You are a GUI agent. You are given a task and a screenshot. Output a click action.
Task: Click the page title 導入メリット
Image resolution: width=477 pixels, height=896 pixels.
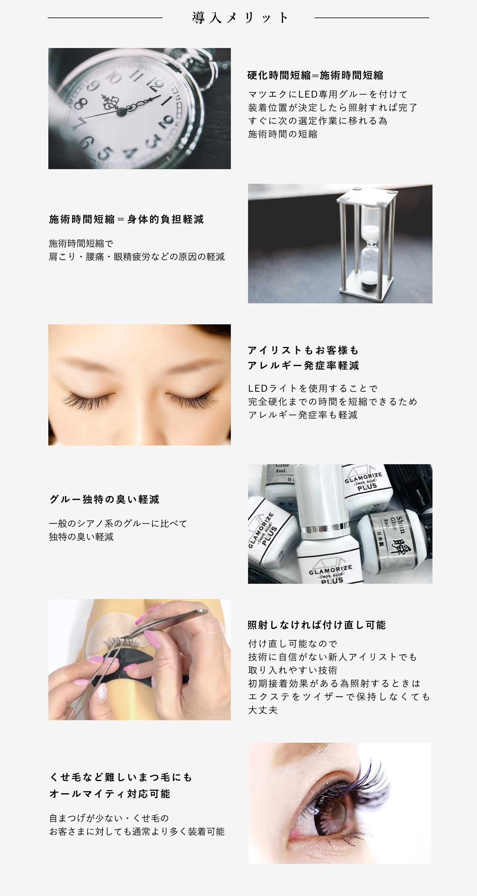click(x=240, y=17)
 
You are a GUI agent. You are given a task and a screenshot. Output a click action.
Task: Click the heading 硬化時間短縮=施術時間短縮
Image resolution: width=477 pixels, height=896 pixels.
click(x=315, y=75)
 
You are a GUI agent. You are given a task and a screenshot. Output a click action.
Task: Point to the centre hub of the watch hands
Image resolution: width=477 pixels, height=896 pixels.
click(x=121, y=111)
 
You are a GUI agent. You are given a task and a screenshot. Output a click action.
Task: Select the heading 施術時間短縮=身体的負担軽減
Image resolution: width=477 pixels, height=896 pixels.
click(x=126, y=219)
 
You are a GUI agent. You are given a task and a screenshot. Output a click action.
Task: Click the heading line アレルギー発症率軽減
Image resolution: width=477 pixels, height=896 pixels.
click(x=303, y=366)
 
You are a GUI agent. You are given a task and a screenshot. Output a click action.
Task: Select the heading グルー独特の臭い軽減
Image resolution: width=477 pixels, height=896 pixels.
click(x=104, y=500)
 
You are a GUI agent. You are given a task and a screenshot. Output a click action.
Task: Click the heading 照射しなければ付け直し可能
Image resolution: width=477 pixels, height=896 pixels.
click(x=317, y=625)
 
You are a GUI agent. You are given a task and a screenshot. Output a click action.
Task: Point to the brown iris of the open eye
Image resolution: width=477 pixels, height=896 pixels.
click(x=334, y=814)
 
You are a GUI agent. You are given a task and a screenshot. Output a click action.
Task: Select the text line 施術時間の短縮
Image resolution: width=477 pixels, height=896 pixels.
click(x=282, y=134)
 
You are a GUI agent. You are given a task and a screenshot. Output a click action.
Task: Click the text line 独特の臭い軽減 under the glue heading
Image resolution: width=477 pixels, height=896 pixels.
click(x=81, y=537)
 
